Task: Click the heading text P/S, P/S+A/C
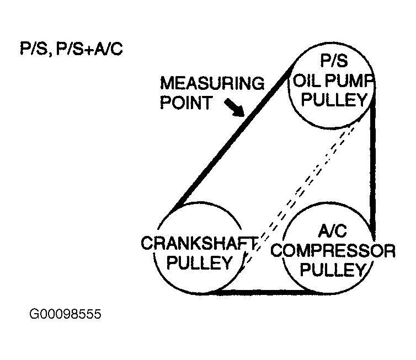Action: tap(71, 50)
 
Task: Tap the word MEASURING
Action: tap(212, 84)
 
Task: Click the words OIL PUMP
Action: tap(333, 81)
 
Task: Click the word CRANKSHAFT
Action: tap(200, 243)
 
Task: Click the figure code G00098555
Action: tap(66, 315)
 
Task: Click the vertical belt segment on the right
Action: tap(374, 165)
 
